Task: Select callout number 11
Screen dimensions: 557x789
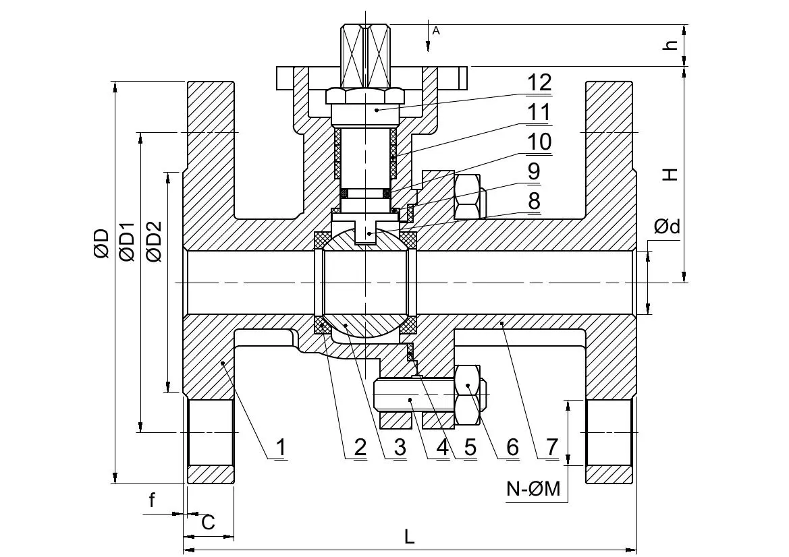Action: pos(539,112)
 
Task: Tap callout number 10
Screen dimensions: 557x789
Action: pos(539,142)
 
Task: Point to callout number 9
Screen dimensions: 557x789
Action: pos(533,171)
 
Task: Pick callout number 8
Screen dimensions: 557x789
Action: pos(533,201)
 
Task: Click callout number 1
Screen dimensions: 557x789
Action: pos(280,447)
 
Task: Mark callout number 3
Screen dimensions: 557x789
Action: pos(400,447)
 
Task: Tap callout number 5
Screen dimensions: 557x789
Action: pos(470,447)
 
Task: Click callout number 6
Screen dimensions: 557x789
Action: pos(512,447)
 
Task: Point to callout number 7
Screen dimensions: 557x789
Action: pos(552,447)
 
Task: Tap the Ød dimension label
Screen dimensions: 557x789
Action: pos(667,227)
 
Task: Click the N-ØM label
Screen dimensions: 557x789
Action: pos(533,489)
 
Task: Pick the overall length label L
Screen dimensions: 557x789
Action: pos(410,537)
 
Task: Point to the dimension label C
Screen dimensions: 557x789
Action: pos(209,523)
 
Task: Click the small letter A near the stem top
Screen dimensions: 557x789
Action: pos(436,30)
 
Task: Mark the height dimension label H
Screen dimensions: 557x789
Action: pos(669,175)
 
